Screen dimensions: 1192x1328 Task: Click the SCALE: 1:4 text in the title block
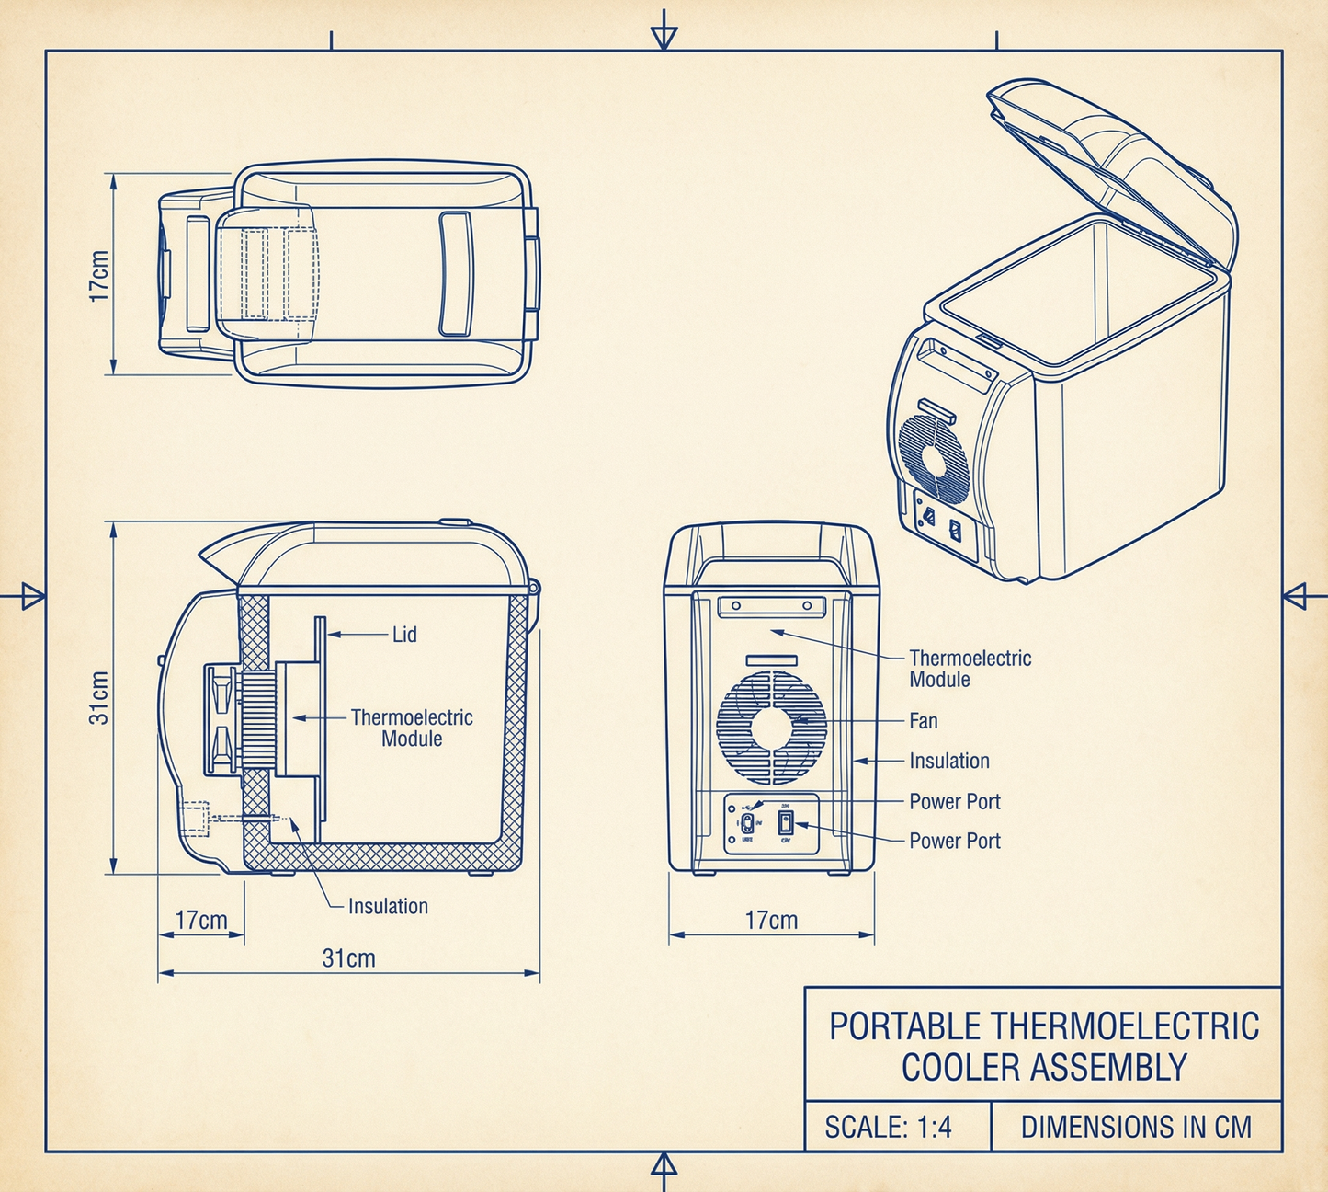888,1127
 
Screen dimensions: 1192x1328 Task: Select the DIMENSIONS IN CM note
1136,1127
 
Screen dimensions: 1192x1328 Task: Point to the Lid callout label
404,635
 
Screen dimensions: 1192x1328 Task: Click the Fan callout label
924,721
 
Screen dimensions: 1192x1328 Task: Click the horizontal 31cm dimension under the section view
348,958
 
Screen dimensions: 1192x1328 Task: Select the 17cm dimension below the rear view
771,921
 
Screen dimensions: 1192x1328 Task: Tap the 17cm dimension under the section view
201,921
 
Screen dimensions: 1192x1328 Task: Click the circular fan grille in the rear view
771,727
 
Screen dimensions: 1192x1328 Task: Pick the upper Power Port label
955,802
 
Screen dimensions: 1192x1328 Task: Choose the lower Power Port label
955,841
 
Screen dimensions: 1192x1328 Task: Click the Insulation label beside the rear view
949,762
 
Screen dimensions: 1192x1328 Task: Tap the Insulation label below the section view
388,907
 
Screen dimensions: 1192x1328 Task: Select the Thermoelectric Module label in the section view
412,728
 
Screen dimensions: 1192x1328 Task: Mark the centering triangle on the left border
33,596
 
